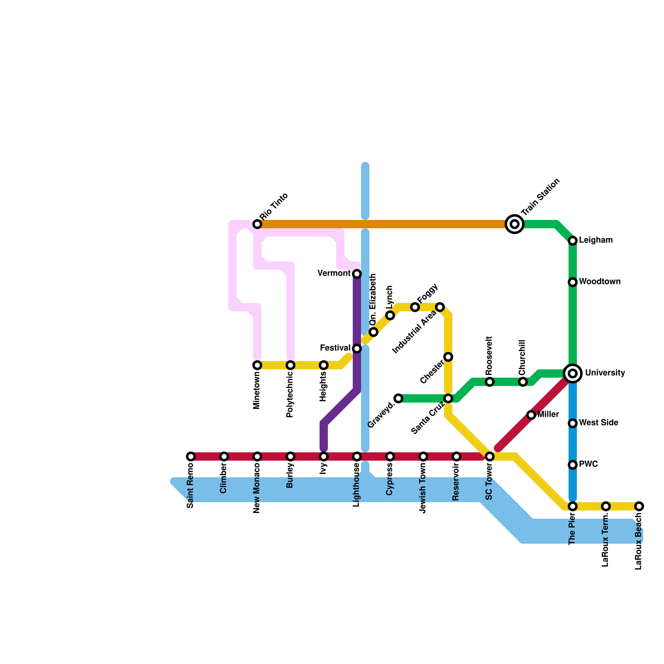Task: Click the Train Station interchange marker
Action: pos(515,224)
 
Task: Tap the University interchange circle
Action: pos(573,373)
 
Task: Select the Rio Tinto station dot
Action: pos(257,224)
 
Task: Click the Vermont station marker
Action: pos(357,274)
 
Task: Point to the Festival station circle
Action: pos(357,349)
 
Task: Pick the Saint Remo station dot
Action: pos(191,456)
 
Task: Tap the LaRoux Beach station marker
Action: pos(639,506)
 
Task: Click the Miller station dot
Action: pos(531,415)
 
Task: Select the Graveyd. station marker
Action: pos(398,398)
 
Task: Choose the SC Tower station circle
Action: pos(490,456)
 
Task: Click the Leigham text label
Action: pos(596,240)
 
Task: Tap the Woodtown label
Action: pos(600,282)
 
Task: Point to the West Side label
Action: pos(598,423)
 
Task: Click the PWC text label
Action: pos(588,464)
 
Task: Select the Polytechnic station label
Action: pos(290,394)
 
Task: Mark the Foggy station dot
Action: pos(415,307)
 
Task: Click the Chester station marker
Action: pos(448,357)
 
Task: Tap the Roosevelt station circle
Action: pos(490,382)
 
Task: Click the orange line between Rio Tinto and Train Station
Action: pos(386,224)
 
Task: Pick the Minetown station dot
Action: pos(257,365)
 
